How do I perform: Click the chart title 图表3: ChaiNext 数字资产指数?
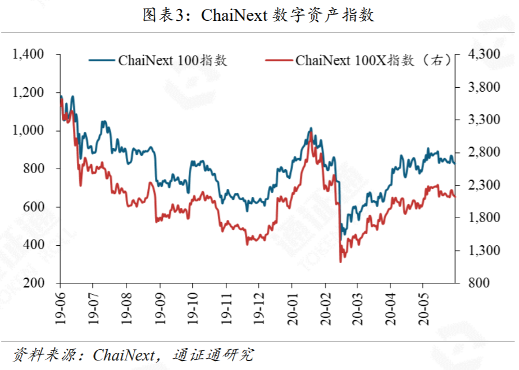[259, 15]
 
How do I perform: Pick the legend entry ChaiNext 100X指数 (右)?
[373, 61]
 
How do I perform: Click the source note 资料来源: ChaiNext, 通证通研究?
[133, 355]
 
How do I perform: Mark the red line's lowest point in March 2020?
[340, 261]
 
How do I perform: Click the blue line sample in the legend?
[102, 61]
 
